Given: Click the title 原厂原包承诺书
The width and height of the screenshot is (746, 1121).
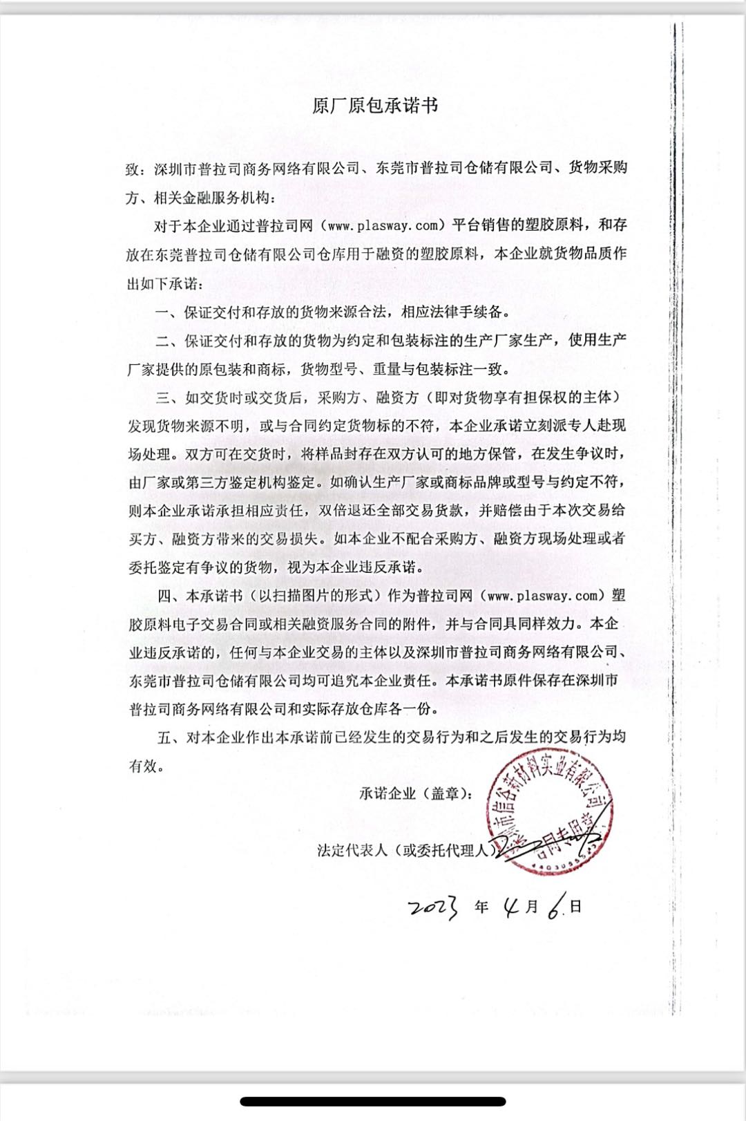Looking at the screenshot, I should click(x=375, y=106).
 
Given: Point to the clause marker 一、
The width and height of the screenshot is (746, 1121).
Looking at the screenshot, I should click(x=168, y=312).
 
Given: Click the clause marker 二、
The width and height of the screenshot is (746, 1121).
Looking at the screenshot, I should click(x=168, y=341).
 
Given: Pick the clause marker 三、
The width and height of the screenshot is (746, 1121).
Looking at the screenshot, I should click(x=168, y=397).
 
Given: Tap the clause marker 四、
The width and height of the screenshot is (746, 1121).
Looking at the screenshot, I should click(x=169, y=596).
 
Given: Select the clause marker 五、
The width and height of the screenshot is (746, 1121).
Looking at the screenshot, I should click(x=169, y=737).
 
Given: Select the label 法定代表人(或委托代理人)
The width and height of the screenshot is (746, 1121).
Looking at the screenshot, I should click(x=406, y=850).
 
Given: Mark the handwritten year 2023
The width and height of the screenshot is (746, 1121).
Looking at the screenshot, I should click(x=432, y=908).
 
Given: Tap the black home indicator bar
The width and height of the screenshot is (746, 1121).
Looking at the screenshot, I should click(x=373, y=1101).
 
